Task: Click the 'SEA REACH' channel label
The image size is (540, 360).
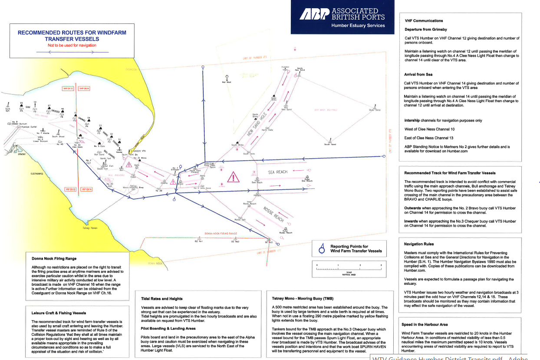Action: coord(278,172)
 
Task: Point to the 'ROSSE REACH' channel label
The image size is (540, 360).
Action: coord(273,214)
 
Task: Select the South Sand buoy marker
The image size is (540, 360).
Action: coord(330,141)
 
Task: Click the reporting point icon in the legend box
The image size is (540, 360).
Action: coord(322,249)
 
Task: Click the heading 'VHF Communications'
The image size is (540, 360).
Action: coord(424,21)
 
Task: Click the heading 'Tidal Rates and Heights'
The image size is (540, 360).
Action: coord(162,298)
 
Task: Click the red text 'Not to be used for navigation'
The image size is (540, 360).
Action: coord(72,45)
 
